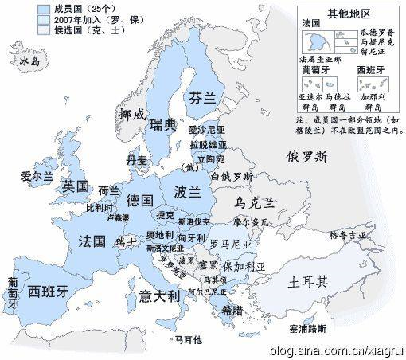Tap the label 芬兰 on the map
tap(202, 97)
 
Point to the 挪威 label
tap(132, 114)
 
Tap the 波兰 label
tap(186, 192)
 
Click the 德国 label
tap(140, 199)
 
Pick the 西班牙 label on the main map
tap(47, 292)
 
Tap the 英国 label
tap(75, 186)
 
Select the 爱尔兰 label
tap(37, 174)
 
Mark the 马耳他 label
tap(188, 339)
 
